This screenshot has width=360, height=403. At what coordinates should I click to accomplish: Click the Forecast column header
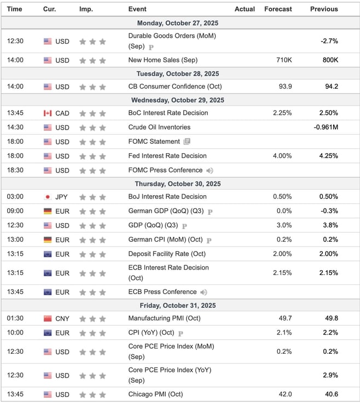click(x=278, y=9)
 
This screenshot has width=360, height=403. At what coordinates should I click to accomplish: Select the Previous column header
click(x=324, y=9)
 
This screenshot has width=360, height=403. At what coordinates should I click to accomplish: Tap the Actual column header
click(x=245, y=9)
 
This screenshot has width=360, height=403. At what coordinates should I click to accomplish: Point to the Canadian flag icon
click(x=48, y=113)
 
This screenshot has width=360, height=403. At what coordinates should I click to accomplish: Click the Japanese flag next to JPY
click(x=48, y=197)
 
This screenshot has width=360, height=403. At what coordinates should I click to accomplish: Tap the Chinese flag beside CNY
click(x=48, y=318)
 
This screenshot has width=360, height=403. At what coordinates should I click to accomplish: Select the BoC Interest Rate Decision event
click(x=168, y=113)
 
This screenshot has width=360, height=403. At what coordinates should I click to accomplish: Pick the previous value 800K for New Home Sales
click(x=329, y=60)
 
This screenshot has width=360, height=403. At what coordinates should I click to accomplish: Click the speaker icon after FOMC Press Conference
click(x=210, y=171)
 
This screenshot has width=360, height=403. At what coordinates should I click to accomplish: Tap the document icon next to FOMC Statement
click(x=187, y=142)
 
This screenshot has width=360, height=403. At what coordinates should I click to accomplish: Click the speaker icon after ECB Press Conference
click(x=204, y=292)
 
